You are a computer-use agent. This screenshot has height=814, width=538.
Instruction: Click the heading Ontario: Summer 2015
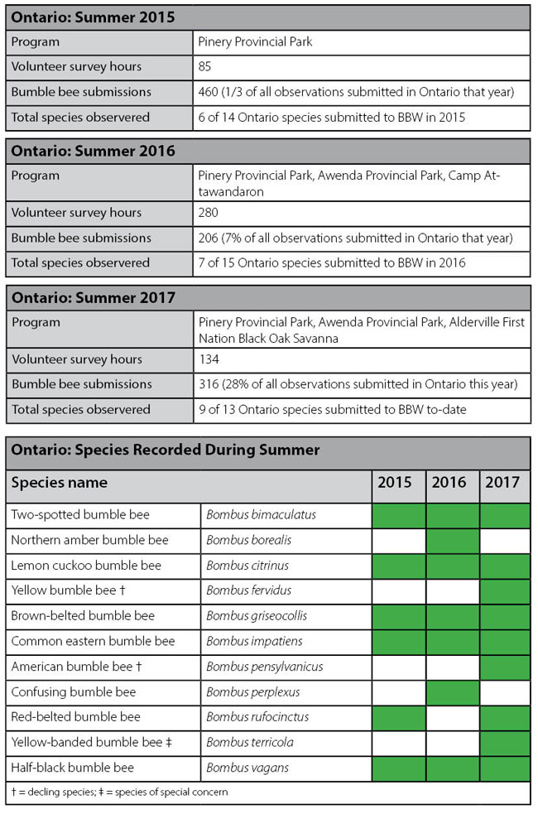(93, 17)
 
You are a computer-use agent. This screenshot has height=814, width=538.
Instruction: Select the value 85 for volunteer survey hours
(206, 67)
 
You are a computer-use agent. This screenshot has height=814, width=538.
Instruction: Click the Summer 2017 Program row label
(36, 322)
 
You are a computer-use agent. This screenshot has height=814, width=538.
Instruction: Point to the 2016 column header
(449, 483)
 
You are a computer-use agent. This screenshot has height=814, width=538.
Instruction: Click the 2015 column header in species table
(395, 483)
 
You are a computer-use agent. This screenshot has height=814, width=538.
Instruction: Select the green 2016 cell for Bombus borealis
(452, 541)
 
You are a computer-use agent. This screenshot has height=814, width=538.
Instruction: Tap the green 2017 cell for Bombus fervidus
(505, 591)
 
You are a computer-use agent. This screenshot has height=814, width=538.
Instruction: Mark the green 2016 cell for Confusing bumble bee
(452, 692)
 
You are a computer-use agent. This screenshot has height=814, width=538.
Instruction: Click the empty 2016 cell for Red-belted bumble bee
(452, 717)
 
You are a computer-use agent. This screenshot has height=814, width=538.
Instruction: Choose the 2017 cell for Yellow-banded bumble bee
(505, 743)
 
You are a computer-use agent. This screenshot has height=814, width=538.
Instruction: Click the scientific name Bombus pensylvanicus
(264, 667)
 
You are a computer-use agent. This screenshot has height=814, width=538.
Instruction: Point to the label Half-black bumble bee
(72, 768)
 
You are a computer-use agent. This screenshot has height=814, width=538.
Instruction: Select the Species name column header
(60, 483)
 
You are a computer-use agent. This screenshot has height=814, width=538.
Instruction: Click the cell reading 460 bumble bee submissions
(356, 92)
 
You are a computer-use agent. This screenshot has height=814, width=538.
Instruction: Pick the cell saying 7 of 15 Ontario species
(331, 263)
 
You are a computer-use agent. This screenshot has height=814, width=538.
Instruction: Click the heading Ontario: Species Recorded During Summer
(165, 450)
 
